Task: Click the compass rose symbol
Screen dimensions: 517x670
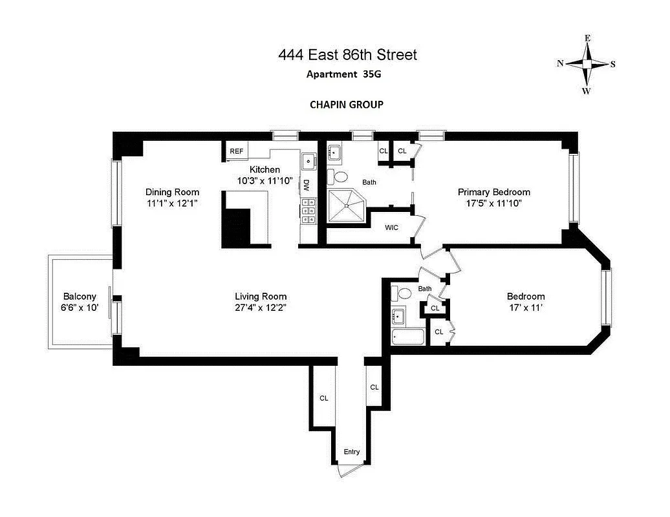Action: click(587, 64)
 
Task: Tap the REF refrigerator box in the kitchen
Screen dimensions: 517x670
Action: click(237, 151)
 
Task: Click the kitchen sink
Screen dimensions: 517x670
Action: click(308, 160)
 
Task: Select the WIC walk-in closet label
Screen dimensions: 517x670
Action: click(391, 227)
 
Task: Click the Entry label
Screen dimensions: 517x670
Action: click(351, 452)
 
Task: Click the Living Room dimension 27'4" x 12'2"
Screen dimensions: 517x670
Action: click(261, 308)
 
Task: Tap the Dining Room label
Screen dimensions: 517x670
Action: click(172, 192)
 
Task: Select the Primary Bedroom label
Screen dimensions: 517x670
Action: click(493, 192)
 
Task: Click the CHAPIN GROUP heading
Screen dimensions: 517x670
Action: click(347, 104)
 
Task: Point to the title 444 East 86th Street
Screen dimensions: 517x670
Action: click(347, 55)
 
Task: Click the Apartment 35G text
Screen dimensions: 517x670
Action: click(343, 74)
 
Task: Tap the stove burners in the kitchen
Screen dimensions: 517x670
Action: click(307, 210)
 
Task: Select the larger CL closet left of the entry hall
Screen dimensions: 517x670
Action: click(323, 398)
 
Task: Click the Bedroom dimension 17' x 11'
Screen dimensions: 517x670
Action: click(525, 308)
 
